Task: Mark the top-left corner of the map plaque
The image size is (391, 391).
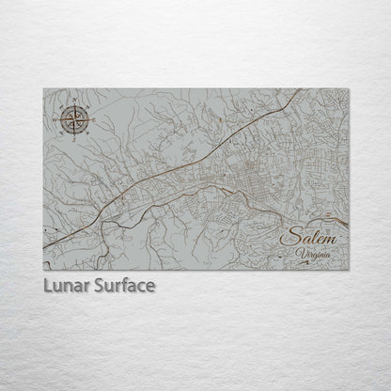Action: point(43,89)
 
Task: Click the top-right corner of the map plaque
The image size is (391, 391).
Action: point(349,89)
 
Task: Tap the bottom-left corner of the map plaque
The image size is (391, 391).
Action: point(43,270)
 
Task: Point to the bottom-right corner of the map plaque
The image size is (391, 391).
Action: point(349,270)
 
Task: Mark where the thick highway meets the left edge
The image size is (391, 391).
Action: point(44,247)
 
